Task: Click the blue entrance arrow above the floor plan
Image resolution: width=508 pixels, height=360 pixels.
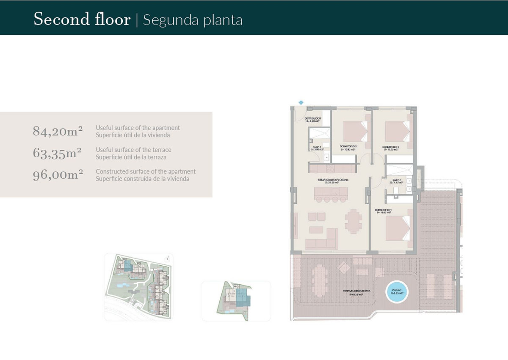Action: point(301,102)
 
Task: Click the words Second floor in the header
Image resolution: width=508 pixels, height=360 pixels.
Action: point(82,19)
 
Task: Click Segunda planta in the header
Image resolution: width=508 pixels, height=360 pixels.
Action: point(193,20)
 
